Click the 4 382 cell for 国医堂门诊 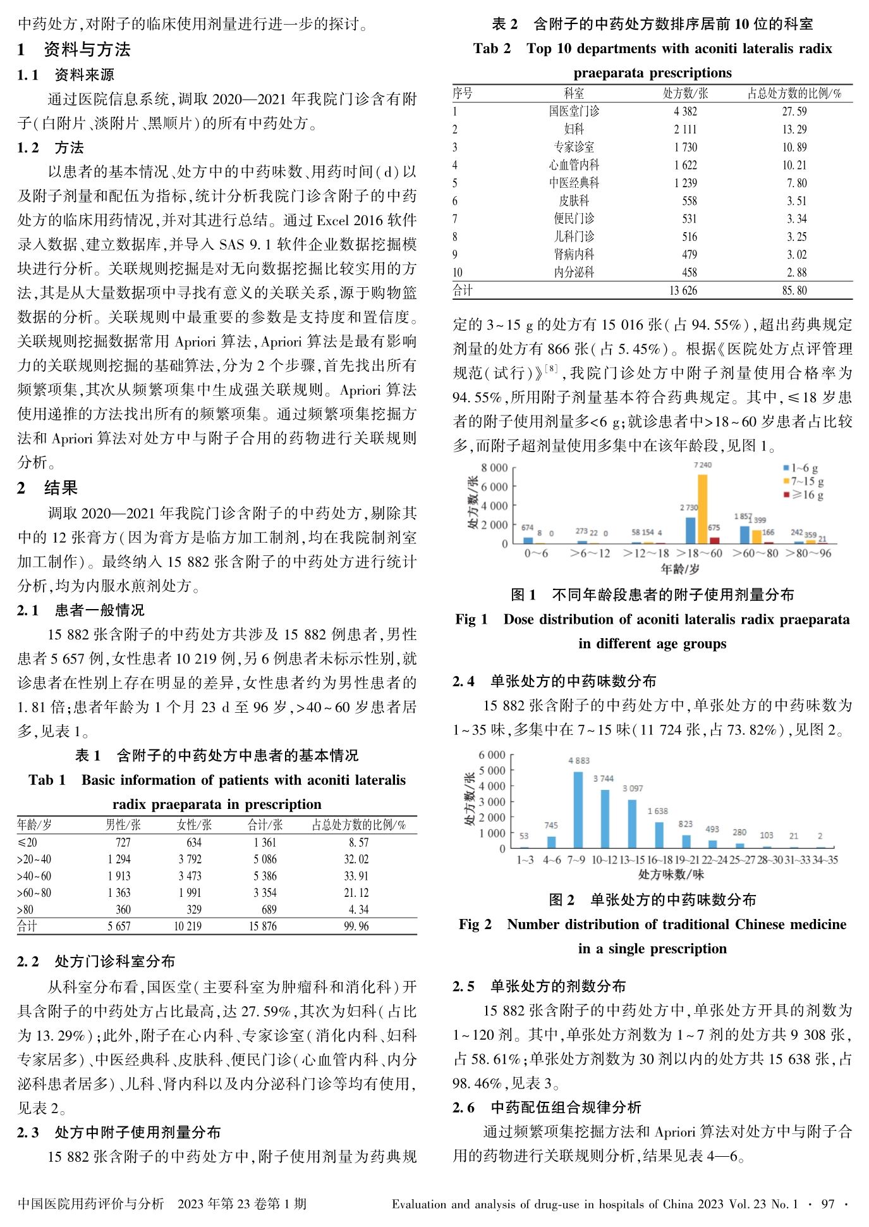coord(685,111)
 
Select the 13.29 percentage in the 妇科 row coord(794,129)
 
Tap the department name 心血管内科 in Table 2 coord(574,165)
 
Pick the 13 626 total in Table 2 coord(683,290)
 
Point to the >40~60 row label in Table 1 coord(34,876)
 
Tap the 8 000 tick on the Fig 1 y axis coord(495,468)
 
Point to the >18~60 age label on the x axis coord(699,553)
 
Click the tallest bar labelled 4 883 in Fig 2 coord(578,810)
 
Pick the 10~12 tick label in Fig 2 coord(605,860)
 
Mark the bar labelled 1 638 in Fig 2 coord(659,835)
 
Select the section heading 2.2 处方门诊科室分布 coord(96,961)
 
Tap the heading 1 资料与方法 coord(74,49)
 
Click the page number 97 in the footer coord(827,1204)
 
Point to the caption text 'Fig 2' coord(475,924)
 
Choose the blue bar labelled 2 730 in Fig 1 coord(690,530)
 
